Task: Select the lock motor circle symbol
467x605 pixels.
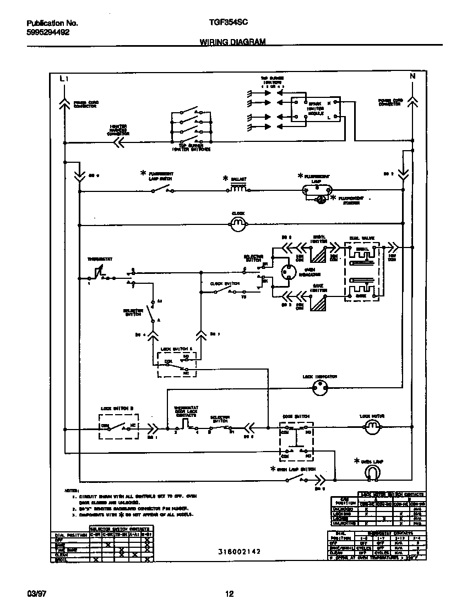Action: coord(373,427)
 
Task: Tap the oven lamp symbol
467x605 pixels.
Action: coord(374,472)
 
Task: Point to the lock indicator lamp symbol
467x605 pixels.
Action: coord(319,388)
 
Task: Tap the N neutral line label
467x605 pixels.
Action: coord(412,77)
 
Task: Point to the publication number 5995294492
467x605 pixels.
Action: coord(48,32)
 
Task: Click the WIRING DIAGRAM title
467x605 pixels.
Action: coord(231,42)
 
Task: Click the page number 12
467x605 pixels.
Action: coord(230,593)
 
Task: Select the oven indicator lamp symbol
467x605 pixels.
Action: coord(286,274)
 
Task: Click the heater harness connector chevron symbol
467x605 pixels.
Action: coord(118,142)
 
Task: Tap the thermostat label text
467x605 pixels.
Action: coord(97,258)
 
